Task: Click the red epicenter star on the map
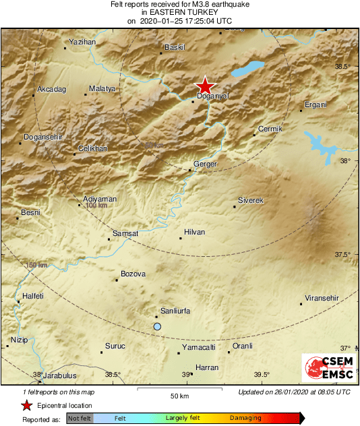[x=204, y=86]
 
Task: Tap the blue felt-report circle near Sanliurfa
[x=157, y=326]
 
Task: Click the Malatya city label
[x=102, y=88]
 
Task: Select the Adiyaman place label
[x=100, y=199]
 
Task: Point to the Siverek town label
[x=250, y=201]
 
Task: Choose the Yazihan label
[x=83, y=42]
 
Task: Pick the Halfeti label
[x=33, y=296]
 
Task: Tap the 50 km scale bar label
[x=179, y=395]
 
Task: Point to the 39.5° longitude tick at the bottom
[x=262, y=375]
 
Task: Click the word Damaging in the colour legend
[x=245, y=418]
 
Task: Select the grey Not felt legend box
[x=80, y=418]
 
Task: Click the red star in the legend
[x=26, y=405]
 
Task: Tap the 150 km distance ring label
[x=38, y=265]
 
